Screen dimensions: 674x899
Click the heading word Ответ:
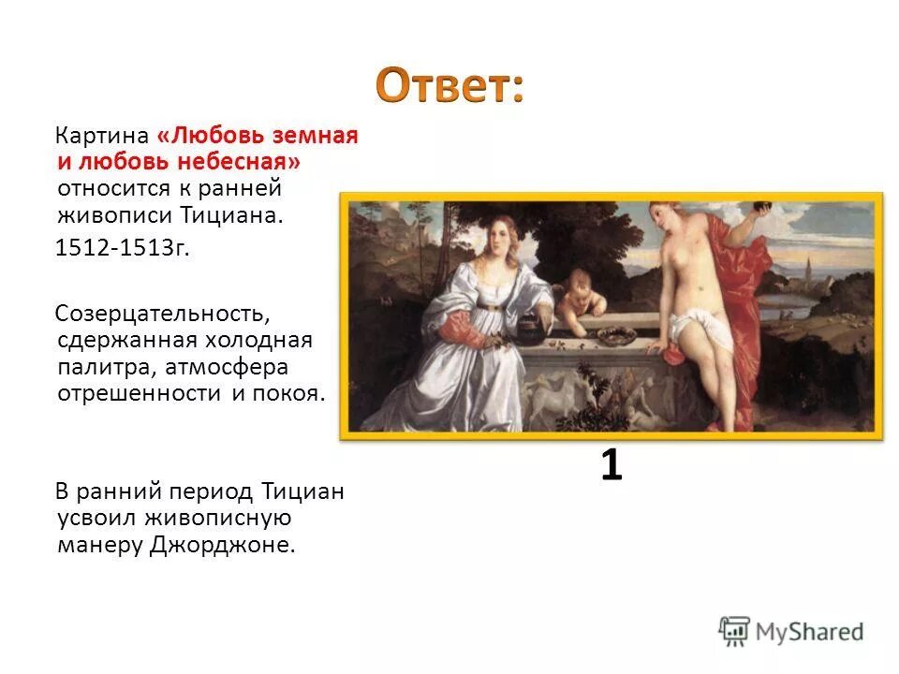[x=449, y=86]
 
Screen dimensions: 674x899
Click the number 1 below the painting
[x=611, y=465]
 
